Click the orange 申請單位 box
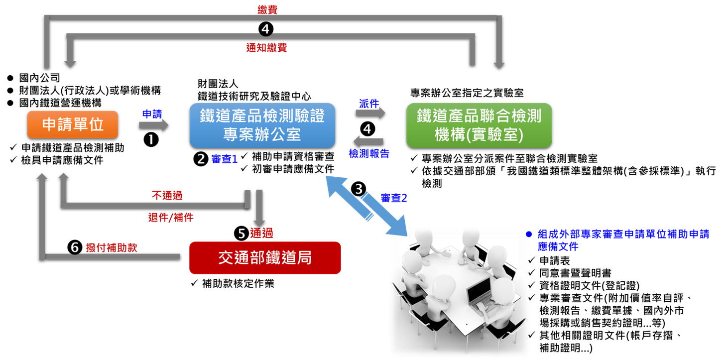point(73,124)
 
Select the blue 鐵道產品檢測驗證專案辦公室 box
point(262,125)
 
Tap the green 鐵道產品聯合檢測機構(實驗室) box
point(479,125)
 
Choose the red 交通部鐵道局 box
point(265,258)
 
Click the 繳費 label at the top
point(267,9)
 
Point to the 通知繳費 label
point(266,48)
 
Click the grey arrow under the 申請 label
point(153,124)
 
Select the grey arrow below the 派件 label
point(370,113)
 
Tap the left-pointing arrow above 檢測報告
point(368,141)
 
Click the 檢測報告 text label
point(368,154)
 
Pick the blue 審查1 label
point(225,159)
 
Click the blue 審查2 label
point(394,198)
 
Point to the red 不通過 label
point(167,195)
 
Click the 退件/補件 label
point(170,218)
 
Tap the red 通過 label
point(261,233)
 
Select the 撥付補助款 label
point(111,248)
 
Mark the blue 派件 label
point(369,103)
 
